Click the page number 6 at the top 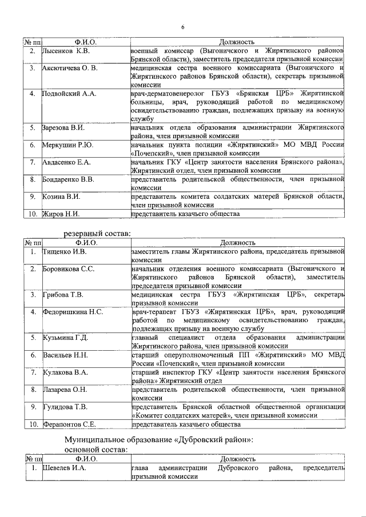tap(183, 28)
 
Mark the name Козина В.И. tap(61, 197)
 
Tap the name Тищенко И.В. tap(65, 251)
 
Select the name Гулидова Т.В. tap(65, 407)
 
